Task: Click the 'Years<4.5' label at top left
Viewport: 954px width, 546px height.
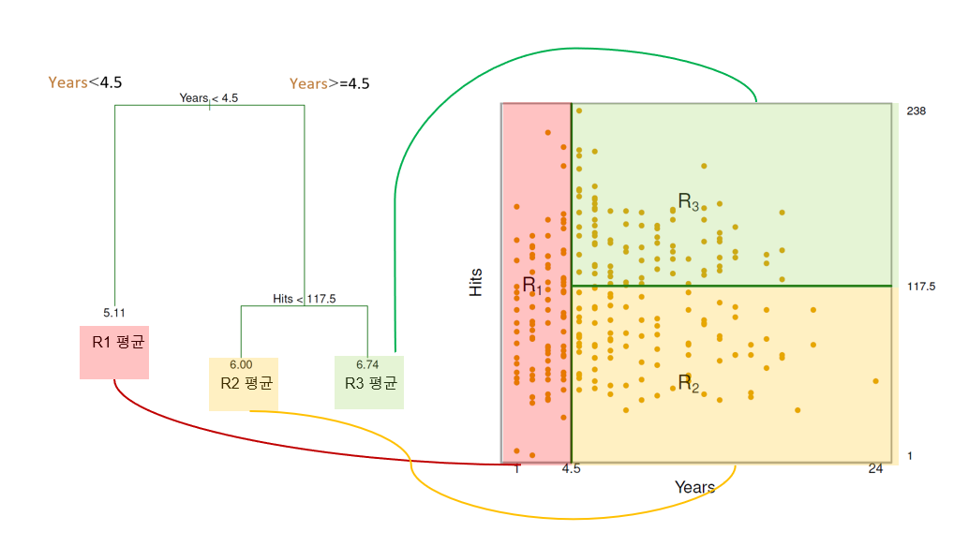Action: click(85, 82)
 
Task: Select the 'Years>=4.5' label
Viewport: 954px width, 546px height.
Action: click(329, 83)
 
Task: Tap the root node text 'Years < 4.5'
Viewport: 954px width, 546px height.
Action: click(208, 97)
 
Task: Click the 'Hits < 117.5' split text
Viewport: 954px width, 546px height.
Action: click(304, 299)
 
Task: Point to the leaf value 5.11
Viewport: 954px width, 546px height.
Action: click(114, 313)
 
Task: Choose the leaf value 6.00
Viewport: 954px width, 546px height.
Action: click(241, 364)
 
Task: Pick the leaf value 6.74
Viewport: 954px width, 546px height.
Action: click(367, 364)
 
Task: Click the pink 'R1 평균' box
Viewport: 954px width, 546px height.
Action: click(114, 351)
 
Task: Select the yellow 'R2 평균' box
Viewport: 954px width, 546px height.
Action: click(244, 384)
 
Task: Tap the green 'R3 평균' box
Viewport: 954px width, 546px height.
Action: click(369, 384)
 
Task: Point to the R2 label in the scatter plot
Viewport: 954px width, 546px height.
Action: click(688, 383)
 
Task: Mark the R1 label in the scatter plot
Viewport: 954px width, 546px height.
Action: click(531, 285)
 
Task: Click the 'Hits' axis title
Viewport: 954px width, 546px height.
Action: click(476, 283)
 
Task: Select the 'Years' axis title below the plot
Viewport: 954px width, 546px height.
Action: click(694, 487)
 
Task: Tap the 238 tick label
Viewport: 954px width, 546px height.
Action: click(916, 111)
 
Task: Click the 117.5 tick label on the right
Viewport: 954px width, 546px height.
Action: click(921, 286)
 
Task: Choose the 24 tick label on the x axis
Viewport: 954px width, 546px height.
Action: click(875, 469)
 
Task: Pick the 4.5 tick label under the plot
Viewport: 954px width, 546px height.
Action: click(571, 469)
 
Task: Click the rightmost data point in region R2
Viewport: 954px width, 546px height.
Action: click(875, 381)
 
